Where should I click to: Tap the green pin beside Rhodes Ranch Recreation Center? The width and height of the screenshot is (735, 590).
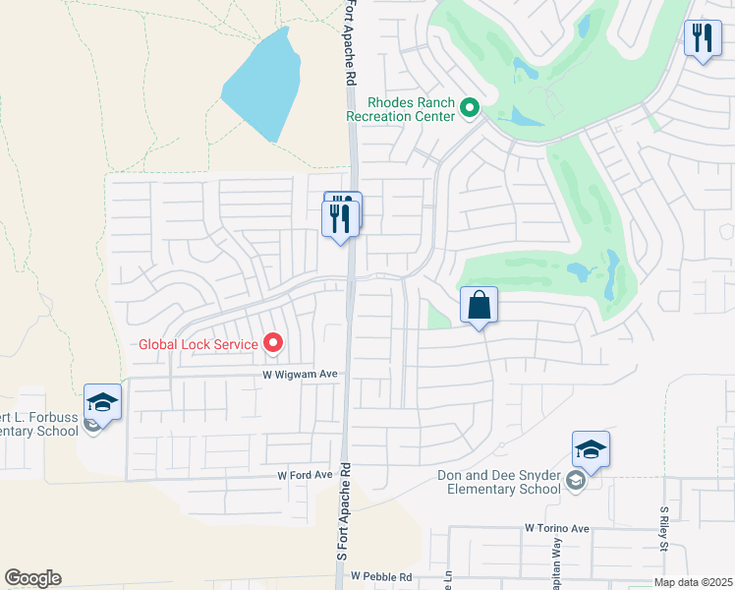coord(470,108)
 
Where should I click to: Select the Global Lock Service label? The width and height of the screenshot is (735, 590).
coord(198,344)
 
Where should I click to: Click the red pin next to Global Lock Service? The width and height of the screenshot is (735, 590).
coord(273,343)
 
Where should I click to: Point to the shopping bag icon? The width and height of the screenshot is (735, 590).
coord(479,306)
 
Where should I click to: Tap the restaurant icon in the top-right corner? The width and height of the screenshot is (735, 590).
coord(703,39)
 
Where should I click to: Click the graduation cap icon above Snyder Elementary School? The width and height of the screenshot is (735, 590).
coord(591,449)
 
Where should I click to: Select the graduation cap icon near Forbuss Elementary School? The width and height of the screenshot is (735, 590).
coord(102,402)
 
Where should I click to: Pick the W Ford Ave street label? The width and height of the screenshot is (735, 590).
coord(305,475)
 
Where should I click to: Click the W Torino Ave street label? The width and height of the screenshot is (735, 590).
coord(556,528)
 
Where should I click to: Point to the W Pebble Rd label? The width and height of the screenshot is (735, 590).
coord(380,576)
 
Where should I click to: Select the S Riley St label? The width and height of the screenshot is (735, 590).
coord(665,521)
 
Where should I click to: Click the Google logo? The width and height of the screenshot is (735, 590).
coord(32,578)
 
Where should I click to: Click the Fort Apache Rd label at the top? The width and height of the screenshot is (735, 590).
coord(349,44)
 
